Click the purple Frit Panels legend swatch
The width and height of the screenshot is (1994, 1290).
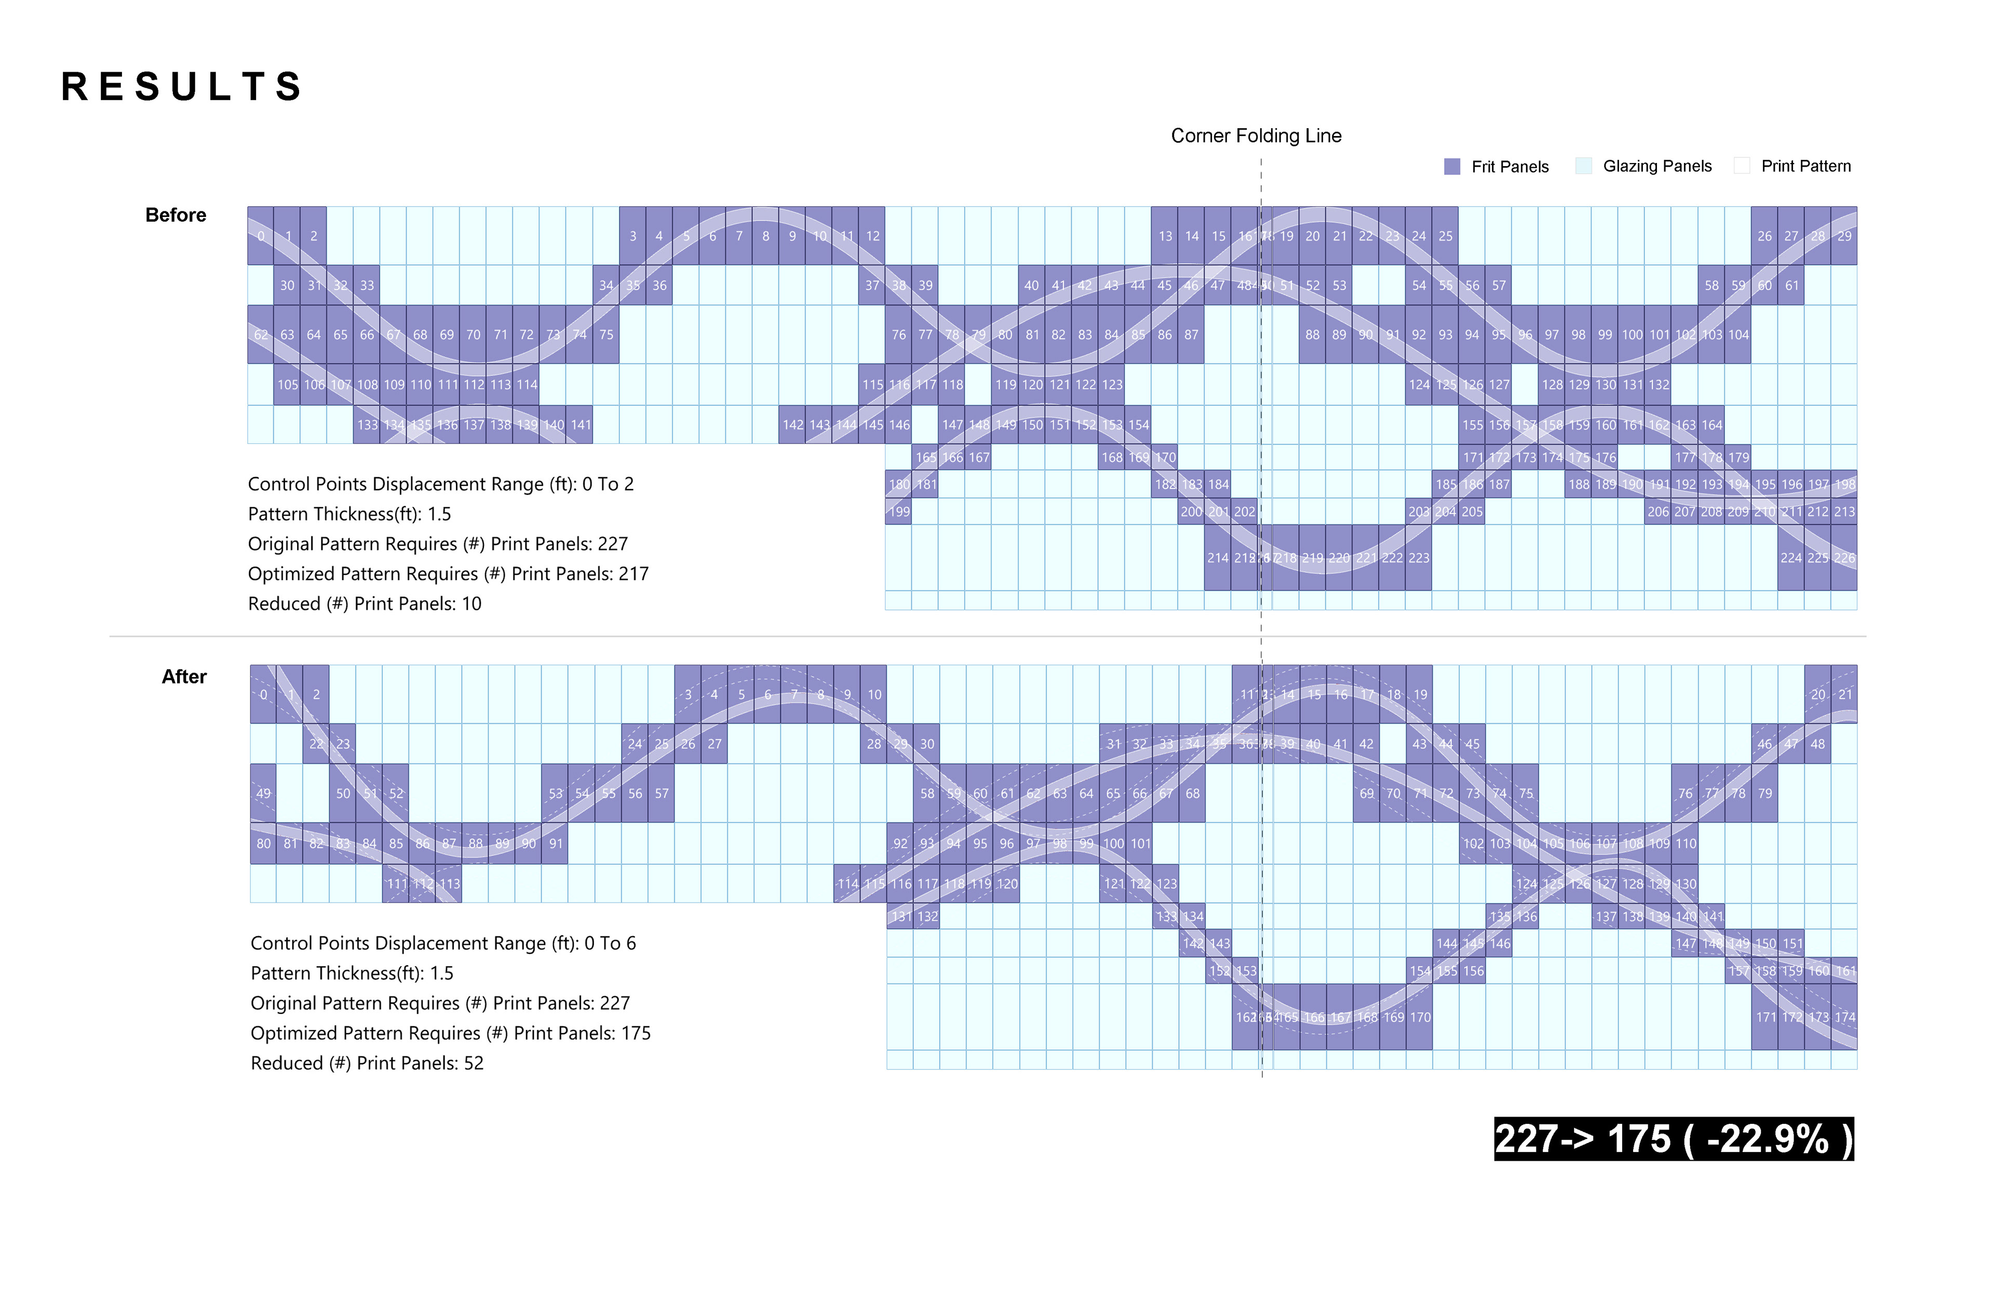pyautogui.click(x=1452, y=167)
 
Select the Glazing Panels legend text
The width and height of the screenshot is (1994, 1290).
pyautogui.click(x=1656, y=166)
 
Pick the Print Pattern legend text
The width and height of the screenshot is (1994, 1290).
pyautogui.click(x=1806, y=166)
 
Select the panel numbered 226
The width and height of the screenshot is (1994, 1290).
pyautogui.click(x=1844, y=558)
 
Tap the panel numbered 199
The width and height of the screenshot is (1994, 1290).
pyautogui.click(x=899, y=512)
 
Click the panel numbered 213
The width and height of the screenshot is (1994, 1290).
pyautogui.click(x=1844, y=512)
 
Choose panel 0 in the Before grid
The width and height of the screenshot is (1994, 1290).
pyautogui.click(x=261, y=236)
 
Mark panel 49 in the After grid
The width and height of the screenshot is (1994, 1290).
pyautogui.click(x=263, y=793)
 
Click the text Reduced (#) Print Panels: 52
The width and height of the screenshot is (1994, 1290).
pyautogui.click(x=367, y=1063)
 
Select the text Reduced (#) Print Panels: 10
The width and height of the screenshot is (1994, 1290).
pyautogui.click(x=365, y=604)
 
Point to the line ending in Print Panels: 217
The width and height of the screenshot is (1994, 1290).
pyautogui.click(x=448, y=574)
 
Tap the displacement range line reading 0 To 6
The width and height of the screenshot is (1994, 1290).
pyautogui.click(x=443, y=943)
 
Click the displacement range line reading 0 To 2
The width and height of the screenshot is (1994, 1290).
pyautogui.click(x=441, y=484)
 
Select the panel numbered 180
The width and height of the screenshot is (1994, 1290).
pyautogui.click(x=899, y=484)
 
